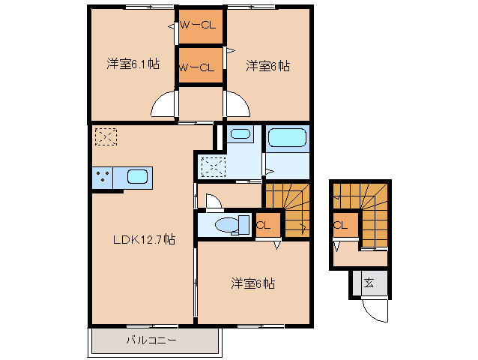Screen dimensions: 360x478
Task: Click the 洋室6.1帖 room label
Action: click(x=133, y=64)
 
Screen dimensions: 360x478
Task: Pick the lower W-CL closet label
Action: click(x=199, y=67)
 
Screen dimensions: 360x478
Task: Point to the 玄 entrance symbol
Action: click(x=369, y=283)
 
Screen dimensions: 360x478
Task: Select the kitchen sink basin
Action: click(x=138, y=178)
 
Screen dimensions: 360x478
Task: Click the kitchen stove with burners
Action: click(x=103, y=178)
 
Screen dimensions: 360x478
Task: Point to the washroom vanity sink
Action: click(x=240, y=134)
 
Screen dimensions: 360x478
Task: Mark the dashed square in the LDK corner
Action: click(x=106, y=136)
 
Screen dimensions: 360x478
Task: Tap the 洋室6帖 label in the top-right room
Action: click(x=267, y=66)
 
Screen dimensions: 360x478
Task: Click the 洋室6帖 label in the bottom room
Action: click(x=252, y=283)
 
